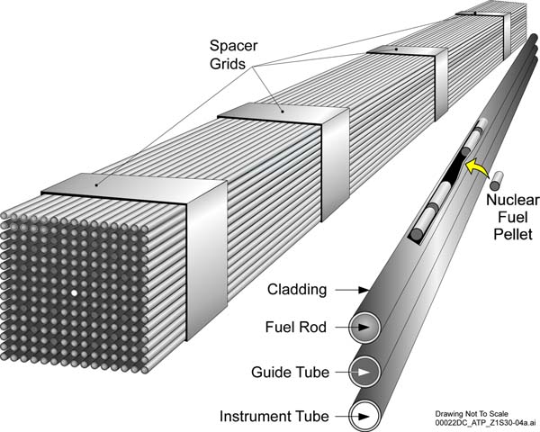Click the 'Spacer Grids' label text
tap(233, 55)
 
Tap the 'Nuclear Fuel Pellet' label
tap(513, 217)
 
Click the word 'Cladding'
tap(297, 290)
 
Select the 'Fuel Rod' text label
tap(296, 327)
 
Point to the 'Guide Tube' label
tap(291, 372)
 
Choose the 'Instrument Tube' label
tap(274, 416)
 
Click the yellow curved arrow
tap(477, 167)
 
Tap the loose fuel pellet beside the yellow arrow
tap(497, 181)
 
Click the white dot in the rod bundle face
tap(74, 293)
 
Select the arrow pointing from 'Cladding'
tap(352, 290)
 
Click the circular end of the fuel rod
tap(365, 328)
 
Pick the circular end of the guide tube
tap(364, 372)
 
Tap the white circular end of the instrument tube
tap(365, 416)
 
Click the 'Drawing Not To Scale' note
tap(472, 414)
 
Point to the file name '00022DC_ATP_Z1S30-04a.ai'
tap(485, 422)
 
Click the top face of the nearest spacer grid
tap(134, 189)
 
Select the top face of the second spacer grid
tap(283, 113)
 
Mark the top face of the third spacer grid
tap(407, 50)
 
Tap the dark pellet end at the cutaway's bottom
tap(417, 234)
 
